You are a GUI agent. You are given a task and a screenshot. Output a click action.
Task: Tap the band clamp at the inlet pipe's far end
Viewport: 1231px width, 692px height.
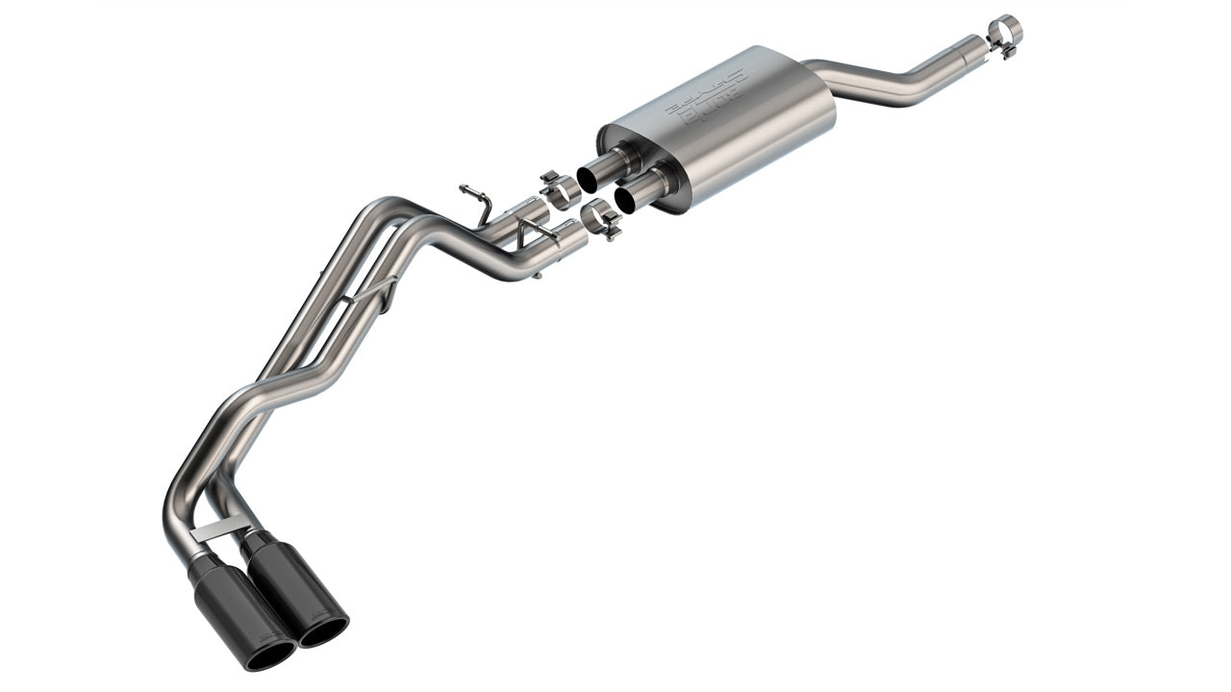pos(1004,32)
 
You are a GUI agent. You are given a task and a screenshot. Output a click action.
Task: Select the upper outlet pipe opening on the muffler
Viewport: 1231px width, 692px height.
pos(590,178)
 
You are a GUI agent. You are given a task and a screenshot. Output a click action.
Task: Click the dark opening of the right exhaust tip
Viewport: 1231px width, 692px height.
pos(323,630)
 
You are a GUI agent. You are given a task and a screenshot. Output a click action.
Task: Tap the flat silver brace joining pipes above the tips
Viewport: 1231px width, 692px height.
pos(220,528)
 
